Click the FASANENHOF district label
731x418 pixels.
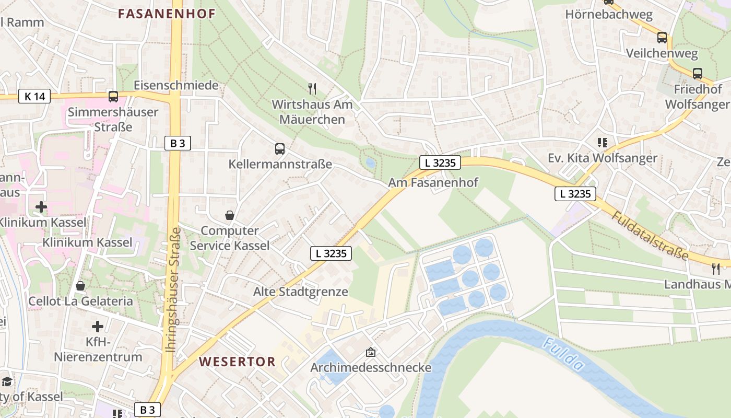(167, 14)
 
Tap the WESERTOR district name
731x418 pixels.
(237, 362)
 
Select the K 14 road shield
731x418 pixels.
(34, 96)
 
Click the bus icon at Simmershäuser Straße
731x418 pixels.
(113, 96)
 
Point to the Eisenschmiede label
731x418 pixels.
(176, 85)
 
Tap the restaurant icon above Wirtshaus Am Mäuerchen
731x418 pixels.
(312, 88)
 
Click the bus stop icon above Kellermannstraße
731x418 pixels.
(280, 149)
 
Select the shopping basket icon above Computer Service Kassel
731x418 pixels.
(229, 215)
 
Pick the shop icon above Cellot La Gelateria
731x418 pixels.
(80, 286)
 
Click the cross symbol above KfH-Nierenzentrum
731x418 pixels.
(98, 327)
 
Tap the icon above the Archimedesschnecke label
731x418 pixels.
(371, 353)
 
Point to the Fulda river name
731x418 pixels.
(562, 355)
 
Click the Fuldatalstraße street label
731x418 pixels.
(650, 235)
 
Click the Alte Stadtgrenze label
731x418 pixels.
(300, 292)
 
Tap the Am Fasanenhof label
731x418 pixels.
(433, 183)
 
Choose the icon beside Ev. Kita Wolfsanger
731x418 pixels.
(603, 143)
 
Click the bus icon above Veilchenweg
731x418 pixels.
(662, 38)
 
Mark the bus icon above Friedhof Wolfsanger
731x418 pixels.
(697, 74)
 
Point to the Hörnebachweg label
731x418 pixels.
(609, 15)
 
